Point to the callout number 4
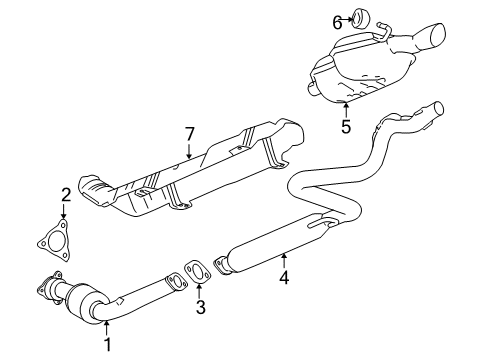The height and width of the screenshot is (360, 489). coord(284,280)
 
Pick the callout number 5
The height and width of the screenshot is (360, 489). coord(345,127)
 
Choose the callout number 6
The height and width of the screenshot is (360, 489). coord(338,19)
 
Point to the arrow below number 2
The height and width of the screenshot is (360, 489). coord(63,212)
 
